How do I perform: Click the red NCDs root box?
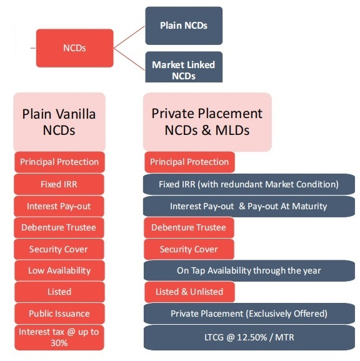(x=74, y=48)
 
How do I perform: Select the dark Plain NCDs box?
(x=184, y=26)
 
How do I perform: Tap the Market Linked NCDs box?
(x=184, y=67)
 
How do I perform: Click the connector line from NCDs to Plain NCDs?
(x=129, y=37)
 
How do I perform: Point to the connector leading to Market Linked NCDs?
(x=129, y=59)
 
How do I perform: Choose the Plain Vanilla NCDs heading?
(x=59, y=122)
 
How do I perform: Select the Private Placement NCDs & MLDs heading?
(x=207, y=122)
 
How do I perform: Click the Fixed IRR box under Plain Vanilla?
(x=59, y=184)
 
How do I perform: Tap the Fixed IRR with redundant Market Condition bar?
(x=249, y=184)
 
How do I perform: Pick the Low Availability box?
(x=59, y=270)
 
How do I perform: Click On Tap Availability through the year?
(x=249, y=270)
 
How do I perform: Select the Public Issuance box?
(x=59, y=314)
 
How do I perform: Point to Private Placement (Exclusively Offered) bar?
(x=249, y=314)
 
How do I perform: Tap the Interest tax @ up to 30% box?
(x=59, y=337)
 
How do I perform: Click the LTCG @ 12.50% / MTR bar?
(x=249, y=337)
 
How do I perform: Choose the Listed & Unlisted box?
(x=189, y=292)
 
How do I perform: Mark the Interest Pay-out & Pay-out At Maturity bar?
(x=249, y=206)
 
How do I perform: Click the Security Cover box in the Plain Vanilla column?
(x=59, y=249)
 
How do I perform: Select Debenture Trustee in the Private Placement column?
(x=189, y=227)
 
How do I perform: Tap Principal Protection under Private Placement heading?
(x=189, y=162)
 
